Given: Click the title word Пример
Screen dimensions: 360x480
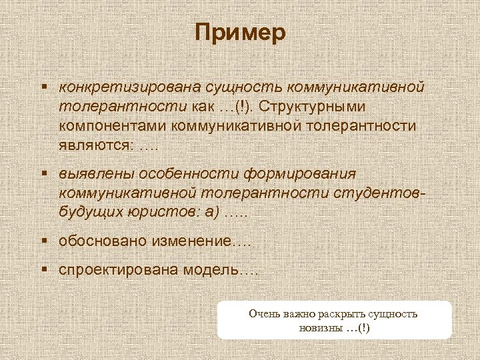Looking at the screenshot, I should click(240, 33).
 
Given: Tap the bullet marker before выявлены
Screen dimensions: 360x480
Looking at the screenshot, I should click(43, 174).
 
